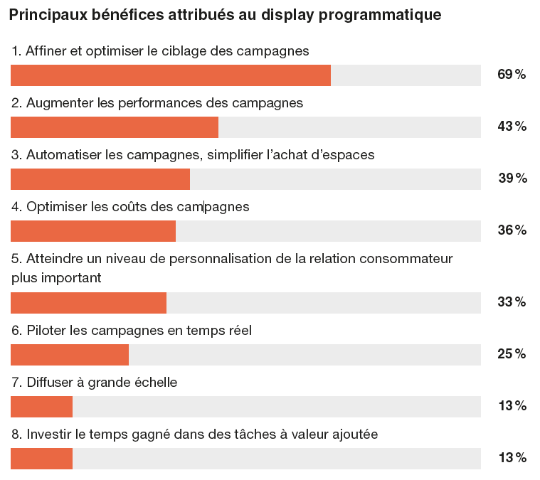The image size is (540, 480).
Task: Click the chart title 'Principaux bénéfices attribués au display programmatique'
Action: [x=225, y=15]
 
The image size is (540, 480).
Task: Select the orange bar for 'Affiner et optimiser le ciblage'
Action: [x=171, y=75]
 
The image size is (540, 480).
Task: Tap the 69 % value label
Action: [x=511, y=75]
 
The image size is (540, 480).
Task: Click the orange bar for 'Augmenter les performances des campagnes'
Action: [x=115, y=127]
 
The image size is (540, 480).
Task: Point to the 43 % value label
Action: [x=511, y=127]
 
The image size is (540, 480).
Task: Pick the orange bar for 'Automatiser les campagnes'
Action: [x=100, y=179]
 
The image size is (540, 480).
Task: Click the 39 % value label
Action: [x=512, y=178]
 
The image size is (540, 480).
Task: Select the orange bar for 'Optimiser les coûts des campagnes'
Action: [x=93, y=231]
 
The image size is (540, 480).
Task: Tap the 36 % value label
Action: [x=511, y=230]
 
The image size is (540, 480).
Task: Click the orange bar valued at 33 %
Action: [x=88, y=303]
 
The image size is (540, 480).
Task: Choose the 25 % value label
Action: [x=511, y=354]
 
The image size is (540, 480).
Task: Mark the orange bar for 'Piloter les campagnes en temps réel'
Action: [x=70, y=355]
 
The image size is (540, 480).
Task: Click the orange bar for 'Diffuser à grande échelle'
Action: [x=41, y=407]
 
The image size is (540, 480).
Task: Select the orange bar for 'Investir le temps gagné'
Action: [x=41, y=459]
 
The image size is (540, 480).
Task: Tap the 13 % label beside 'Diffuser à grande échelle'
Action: [x=512, y=406]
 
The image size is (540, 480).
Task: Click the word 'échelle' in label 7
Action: [x=156, y=383]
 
